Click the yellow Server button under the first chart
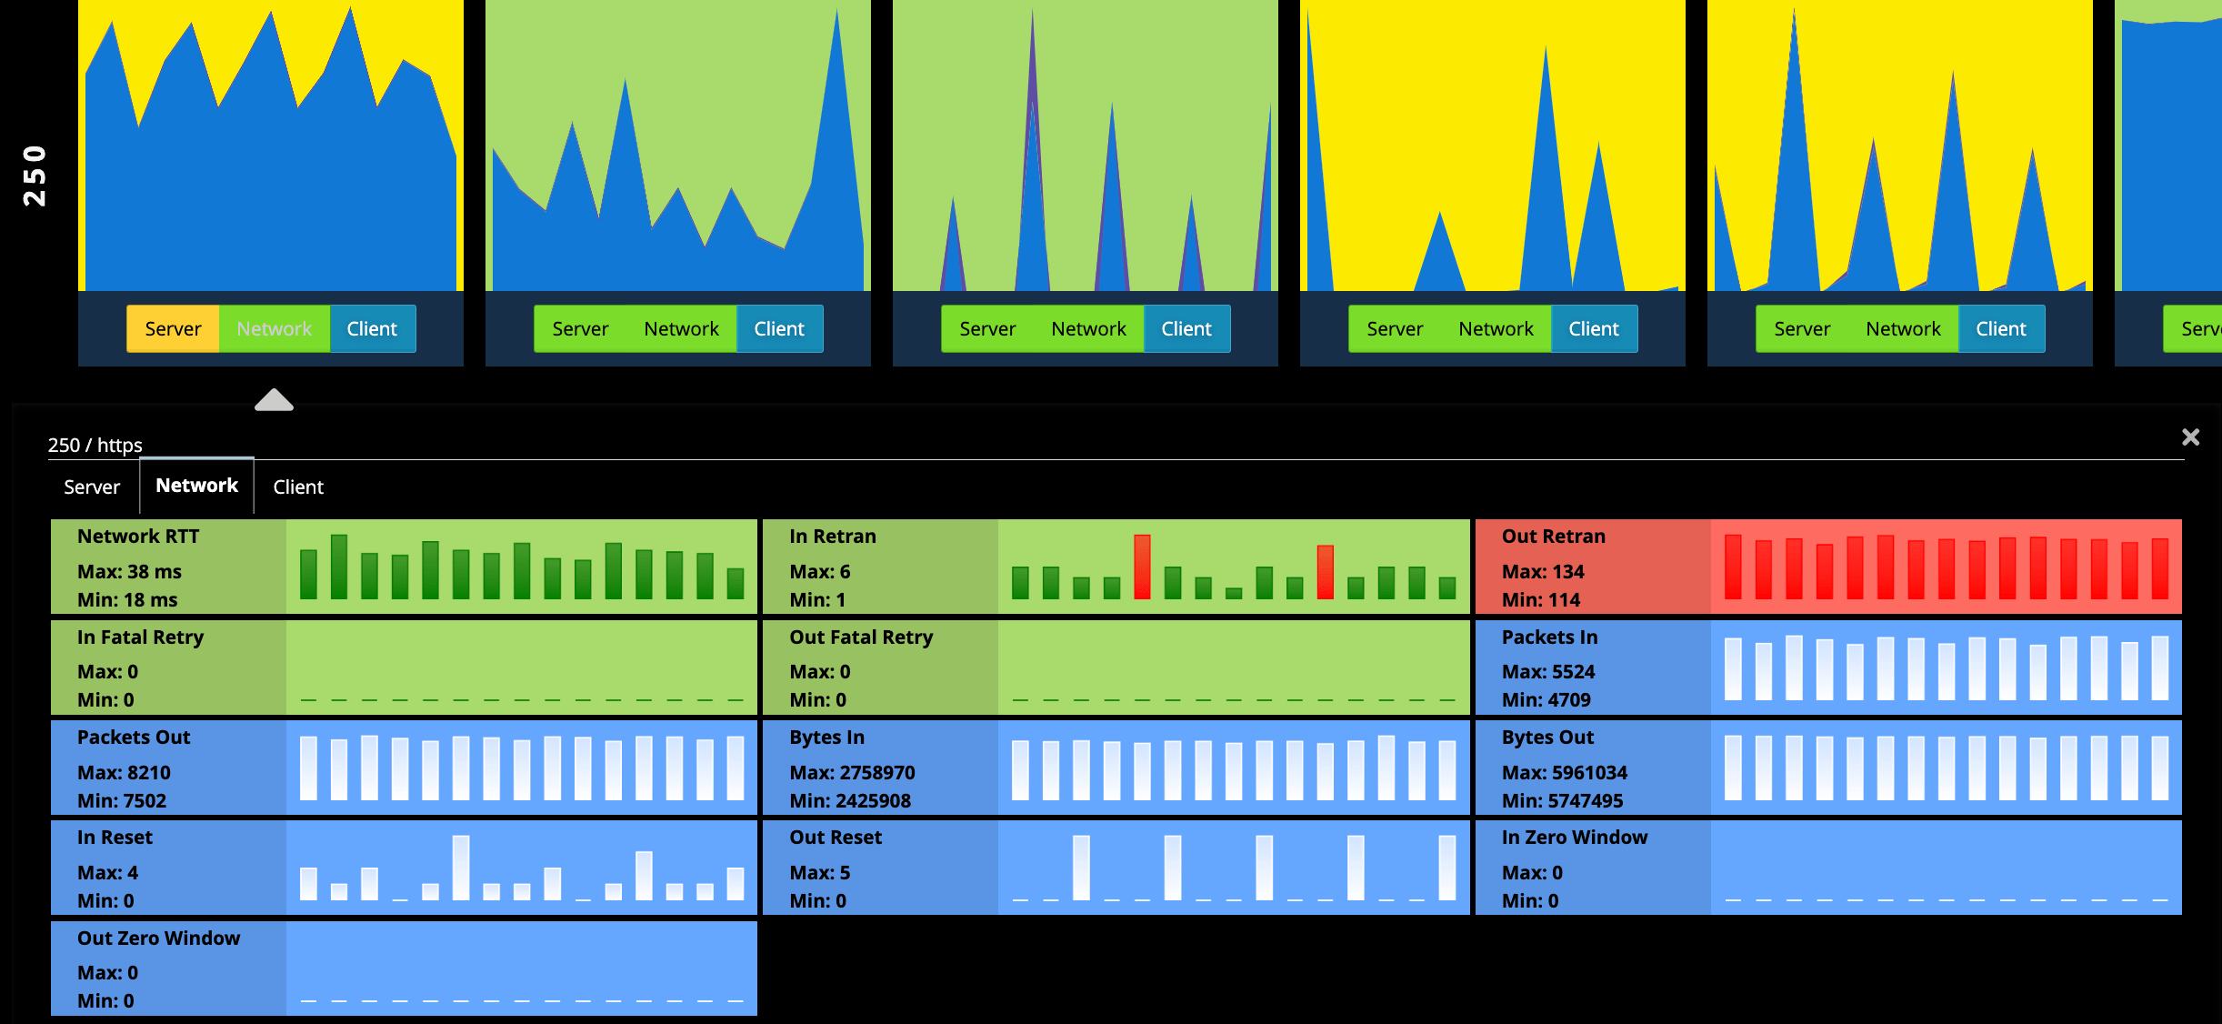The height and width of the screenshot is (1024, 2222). tap(173, 328)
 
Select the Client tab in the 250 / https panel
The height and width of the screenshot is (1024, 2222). tap(298, 487)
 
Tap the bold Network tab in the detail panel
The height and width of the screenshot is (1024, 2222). tap(196, 486)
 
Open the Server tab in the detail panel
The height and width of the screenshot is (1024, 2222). tap(92, 487)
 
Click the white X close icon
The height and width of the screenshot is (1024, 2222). tap(2190, 437)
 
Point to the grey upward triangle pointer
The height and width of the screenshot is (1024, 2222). tap(274, 400)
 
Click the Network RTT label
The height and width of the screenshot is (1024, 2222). tap(138, 537)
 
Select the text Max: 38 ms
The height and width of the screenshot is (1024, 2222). tap(129, 572)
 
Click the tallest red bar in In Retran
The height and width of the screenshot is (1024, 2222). tap(1142, 567)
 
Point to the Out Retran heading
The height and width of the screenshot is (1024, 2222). tap(1553, 537)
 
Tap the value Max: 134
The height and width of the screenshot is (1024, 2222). tap(1543, 572)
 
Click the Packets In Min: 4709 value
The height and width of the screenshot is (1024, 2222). tap(1546, 700)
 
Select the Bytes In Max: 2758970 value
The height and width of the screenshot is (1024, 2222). tap(852, 773)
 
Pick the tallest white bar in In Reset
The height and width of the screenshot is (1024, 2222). tap(461, 868)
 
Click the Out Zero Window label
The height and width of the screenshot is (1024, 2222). tap(158, 939)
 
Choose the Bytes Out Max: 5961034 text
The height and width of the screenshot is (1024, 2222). tap(1564, 773)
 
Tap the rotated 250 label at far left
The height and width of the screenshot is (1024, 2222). tap(35, 176)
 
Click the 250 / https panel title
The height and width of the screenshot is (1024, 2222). tap(95, 445)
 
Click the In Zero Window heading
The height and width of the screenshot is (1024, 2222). tap(1574, 838)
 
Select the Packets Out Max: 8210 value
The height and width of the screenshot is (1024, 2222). tap(124, 773)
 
